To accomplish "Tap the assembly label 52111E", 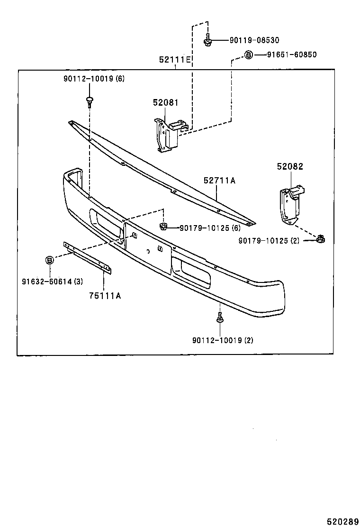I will (x=175, y=60).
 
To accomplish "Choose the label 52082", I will (x=290, y=166).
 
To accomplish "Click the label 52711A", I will (x=219, y=181).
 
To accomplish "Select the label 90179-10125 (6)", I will (x=210, y=228).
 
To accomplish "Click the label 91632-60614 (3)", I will (x=52, y=282).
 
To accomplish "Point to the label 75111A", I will (x=105, y=296).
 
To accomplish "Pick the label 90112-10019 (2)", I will (x=223, y=340).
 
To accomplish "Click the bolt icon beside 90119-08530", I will (x=208, y=41).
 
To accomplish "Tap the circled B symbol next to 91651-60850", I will (x=248, y=55).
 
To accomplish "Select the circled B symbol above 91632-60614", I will (x=49, y=260).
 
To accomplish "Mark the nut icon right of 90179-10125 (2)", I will (x=321, y=238).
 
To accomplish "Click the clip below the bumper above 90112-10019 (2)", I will (x=220, y=318).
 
